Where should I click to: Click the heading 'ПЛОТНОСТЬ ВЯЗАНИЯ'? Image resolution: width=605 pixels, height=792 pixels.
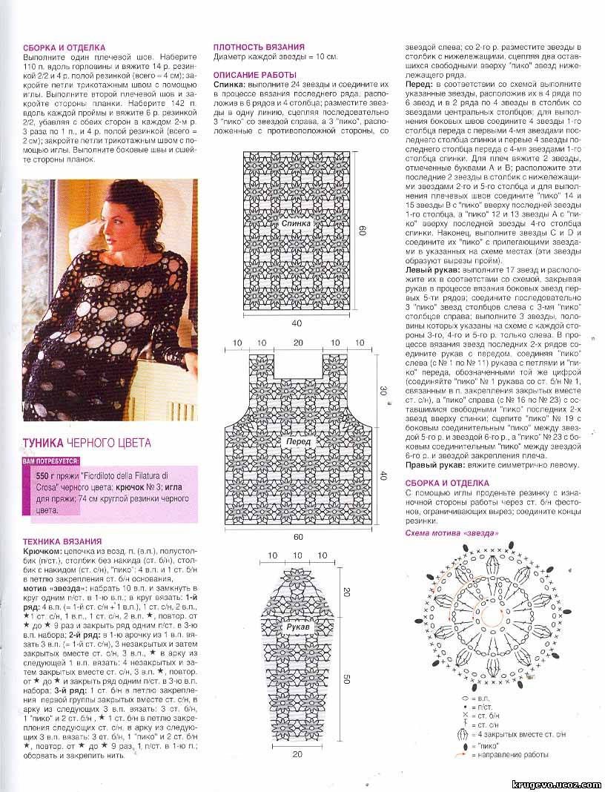(x=254, y=46)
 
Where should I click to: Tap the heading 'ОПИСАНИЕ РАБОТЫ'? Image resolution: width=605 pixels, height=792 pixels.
(x=254, y=75)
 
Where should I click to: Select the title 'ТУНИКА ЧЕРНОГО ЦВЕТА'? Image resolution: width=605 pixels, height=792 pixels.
(x=87, y=443)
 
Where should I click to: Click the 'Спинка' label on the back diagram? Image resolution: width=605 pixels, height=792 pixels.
(x=296, y=222)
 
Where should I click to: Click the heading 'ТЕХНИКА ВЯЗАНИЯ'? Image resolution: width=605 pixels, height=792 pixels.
(x=62, y=542)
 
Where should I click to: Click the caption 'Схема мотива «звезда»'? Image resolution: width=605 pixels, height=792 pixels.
(x=452, y=533)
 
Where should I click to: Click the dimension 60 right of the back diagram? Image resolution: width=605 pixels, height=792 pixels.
(x=363, y=231)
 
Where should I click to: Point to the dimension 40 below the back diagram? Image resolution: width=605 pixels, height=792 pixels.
(x=297, y=323)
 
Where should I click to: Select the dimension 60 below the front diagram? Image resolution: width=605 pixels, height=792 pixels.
(x=297, y=536)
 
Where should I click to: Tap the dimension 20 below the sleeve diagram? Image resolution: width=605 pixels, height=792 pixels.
(x=297, y=755)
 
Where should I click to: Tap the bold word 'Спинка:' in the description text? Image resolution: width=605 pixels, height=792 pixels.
(x=230, y=85)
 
